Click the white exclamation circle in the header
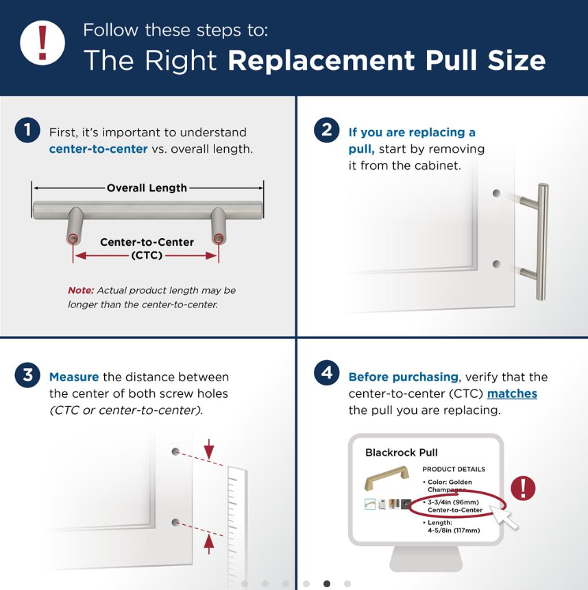[42, 43]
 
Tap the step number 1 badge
[27, 130]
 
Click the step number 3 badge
[27, 375]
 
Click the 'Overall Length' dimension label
[147, 188]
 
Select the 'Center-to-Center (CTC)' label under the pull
[147, 248]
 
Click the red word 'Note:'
[81, 290]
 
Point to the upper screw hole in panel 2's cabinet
[496, 194]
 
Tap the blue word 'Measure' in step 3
[74, 377]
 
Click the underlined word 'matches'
[511, 394]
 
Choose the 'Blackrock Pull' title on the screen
[401, 452]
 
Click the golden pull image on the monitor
[387, 482]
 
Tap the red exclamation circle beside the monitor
[523, 488]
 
